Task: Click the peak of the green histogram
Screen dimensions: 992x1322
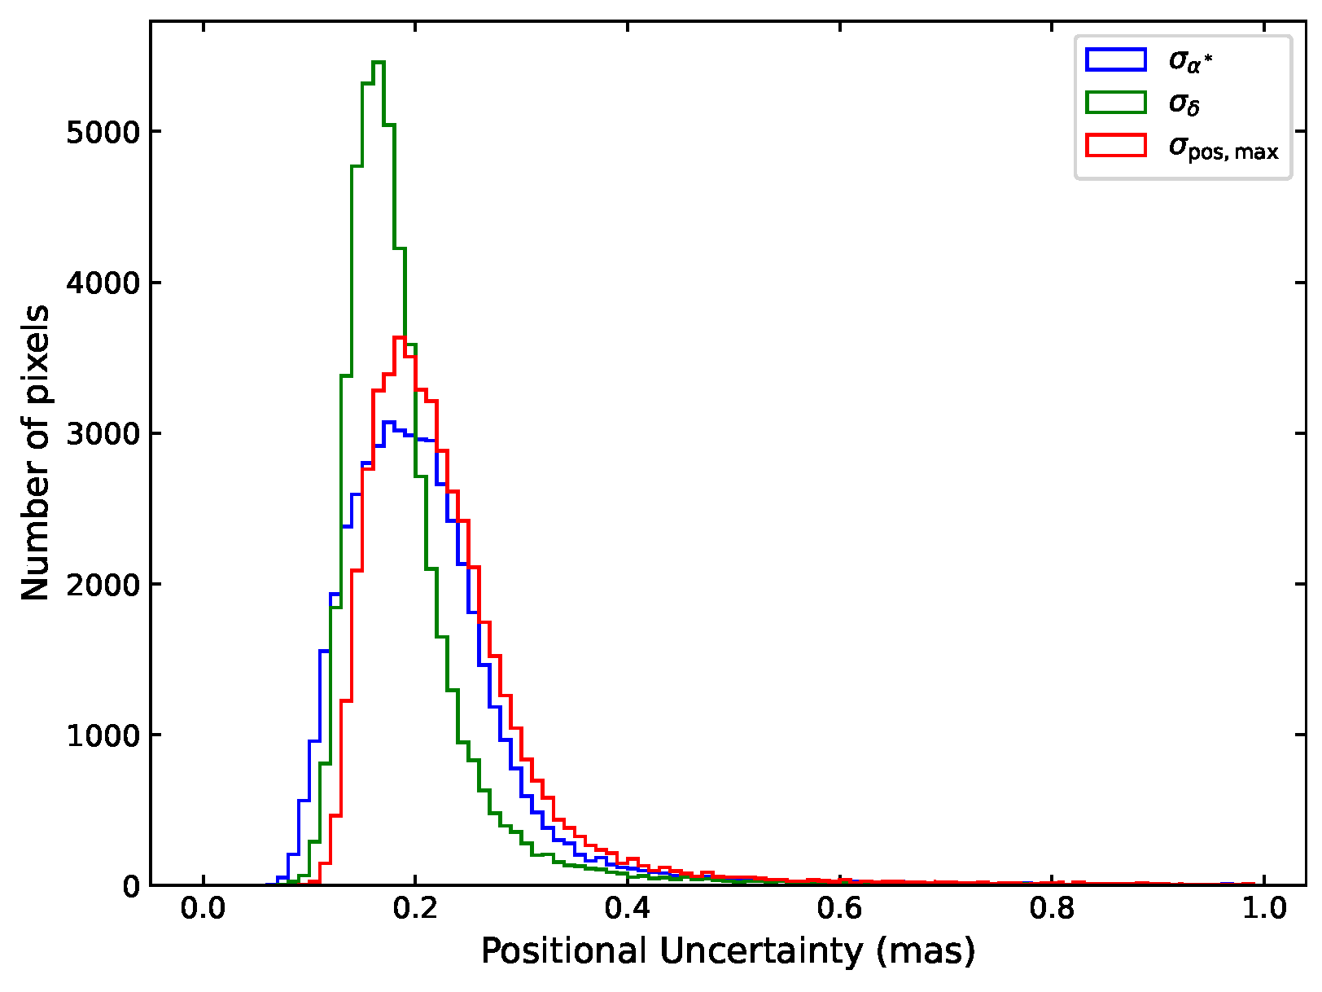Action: (x=378, y=62)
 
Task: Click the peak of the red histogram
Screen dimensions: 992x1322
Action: (x=400, y=337)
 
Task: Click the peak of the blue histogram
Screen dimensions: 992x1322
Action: (x=388, y=422)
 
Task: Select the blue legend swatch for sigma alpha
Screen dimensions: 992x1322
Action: (x=1115, y=59)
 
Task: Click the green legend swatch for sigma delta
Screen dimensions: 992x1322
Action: (x=1115, y=103)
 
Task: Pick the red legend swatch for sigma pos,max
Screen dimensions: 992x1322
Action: (x=1115, y=146)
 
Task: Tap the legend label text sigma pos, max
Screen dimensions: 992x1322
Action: (x=1223, y=147)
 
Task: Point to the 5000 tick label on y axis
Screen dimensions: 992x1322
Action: (x=103, y=132)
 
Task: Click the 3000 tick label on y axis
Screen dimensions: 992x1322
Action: (x=103, y=433)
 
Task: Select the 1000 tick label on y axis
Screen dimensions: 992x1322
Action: (x=103, y=735)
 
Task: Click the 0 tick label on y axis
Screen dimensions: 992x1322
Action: (x=130, y=886)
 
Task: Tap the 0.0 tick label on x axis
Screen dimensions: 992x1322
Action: (x=203, y=908)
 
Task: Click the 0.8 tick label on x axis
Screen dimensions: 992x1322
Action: (x=1052, y=908)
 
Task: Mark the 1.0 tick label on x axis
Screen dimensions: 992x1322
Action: (x=1263, y=908)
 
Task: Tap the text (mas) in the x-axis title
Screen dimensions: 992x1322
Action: (x=926, y=952)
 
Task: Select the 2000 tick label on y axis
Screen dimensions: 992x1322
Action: (x=103, y=584)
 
